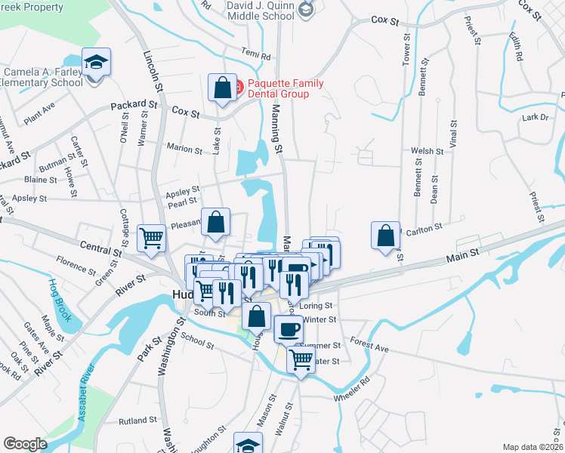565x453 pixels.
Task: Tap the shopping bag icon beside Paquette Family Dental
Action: point(223,87)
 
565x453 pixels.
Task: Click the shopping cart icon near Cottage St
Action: point(152,238)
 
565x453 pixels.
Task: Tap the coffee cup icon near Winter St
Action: point(287,328)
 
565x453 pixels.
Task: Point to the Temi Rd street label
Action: point(255,55)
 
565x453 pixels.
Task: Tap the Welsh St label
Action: point(427,151)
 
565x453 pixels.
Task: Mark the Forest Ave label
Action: point(369,345)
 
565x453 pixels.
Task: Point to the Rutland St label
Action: point(137,420)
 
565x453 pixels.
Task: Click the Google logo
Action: point(25,444)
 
